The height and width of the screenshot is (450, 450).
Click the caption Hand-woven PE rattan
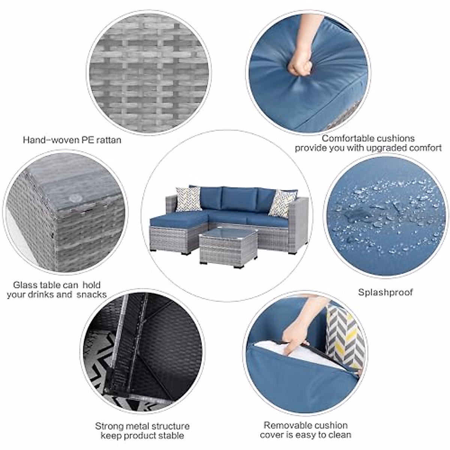(72, 140)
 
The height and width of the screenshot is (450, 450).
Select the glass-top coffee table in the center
(228, 248)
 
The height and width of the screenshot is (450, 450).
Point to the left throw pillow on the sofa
(188, 199)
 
